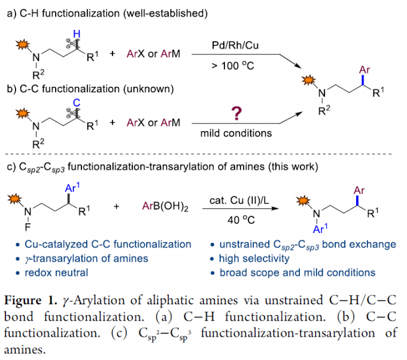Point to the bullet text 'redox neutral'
[57, 273]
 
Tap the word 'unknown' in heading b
[153, 89]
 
